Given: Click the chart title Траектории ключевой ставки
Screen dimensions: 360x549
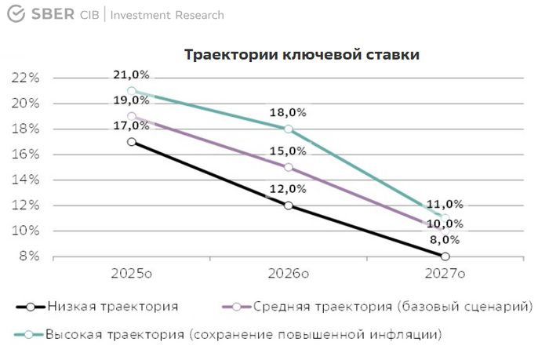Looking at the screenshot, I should [301, 55].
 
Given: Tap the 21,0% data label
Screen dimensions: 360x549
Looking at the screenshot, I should [131, 75].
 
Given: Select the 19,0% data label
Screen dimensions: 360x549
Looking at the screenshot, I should [131, 100].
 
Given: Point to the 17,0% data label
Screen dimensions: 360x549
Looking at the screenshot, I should [131, 125].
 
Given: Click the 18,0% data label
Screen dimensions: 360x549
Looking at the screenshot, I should [288, 112].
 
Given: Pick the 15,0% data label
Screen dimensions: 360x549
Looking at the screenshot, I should [288, 151].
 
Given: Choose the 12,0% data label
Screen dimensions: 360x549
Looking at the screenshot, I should [288, 189].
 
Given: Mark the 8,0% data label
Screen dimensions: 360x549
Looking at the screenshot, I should [445, 241].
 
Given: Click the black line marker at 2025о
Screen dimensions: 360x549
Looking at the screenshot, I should [132, 141].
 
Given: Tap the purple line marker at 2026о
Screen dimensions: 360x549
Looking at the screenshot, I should [289, 167].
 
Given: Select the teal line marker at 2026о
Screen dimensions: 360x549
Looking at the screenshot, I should [289, 129].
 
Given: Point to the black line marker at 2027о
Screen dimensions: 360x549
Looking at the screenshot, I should [445, 256].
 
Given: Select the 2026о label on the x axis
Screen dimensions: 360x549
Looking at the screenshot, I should [288, 274].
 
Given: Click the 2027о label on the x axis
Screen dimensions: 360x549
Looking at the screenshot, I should [445, 274].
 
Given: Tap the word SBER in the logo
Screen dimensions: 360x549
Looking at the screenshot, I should [52, 15].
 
